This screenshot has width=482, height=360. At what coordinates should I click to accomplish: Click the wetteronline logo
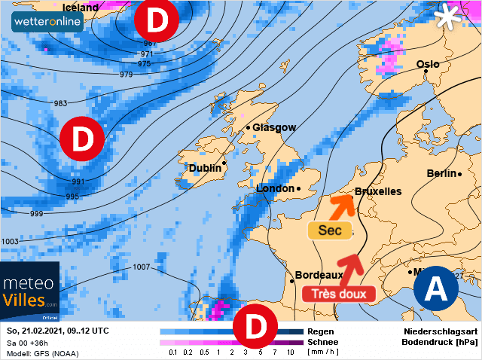47,21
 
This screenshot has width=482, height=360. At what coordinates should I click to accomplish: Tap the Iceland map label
80,7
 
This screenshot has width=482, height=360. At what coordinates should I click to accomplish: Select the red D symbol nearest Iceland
156,21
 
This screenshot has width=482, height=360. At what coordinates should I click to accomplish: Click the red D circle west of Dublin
82,139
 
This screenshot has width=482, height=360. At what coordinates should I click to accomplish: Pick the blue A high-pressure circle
435,289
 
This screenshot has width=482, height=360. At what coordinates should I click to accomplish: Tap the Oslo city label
427,65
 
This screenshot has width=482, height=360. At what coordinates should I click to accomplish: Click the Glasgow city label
274,128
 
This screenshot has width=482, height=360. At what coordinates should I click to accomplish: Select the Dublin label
205,168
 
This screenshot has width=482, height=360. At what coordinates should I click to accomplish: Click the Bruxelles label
377,191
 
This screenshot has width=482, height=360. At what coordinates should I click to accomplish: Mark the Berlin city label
441,173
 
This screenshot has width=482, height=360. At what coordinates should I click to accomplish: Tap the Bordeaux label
319,276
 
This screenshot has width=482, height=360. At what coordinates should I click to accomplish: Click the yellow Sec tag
330,230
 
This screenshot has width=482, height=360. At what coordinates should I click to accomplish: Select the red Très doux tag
338,294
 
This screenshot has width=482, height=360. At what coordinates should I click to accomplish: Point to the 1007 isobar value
141,267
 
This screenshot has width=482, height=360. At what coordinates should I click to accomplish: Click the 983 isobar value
60,103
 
